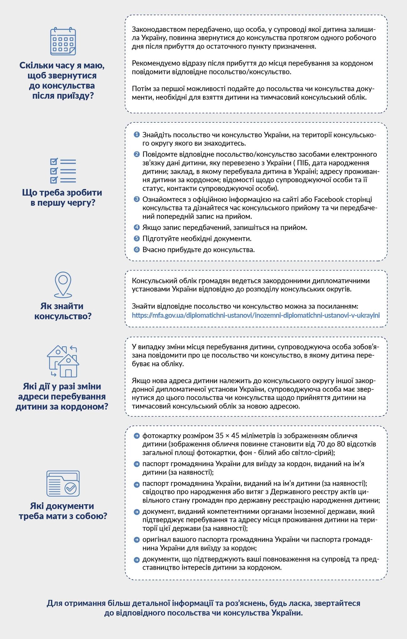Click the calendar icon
[63, 41]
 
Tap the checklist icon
[63, 171]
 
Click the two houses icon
[63, 361]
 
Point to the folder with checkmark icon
[63, 483]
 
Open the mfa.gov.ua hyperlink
[256, 315]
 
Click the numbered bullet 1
[136, 135]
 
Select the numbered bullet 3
[136, 199]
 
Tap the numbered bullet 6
[136, 250]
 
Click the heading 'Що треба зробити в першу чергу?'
[62, 198]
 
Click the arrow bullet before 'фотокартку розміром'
[136, 436]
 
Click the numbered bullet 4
[136, 227]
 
